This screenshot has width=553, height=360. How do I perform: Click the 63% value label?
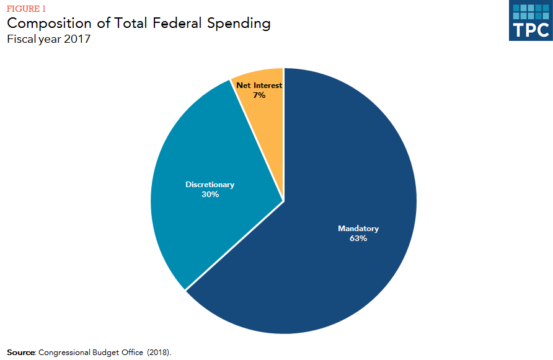(x=358, y=239)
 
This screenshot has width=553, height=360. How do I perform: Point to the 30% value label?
(x=210, y=195)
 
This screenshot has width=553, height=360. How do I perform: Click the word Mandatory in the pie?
(x=358, y=229)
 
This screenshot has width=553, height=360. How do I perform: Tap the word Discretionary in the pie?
(x=210, y=185)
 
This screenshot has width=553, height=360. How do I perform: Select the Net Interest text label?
(x=259, y=86)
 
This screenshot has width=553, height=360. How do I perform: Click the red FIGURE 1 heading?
(x=25, y=8)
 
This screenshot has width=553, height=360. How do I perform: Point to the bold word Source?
(x=20, y=353)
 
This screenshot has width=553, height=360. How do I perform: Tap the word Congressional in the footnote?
(x=64, y=353)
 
